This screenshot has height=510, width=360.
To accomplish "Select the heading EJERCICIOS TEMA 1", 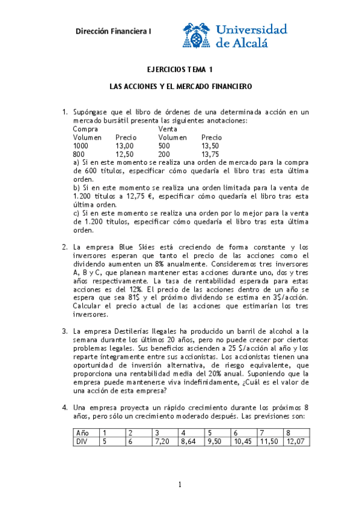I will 180,70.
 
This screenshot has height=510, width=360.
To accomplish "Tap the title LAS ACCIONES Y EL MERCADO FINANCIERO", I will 180,87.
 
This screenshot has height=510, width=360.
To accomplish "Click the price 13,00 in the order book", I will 124,146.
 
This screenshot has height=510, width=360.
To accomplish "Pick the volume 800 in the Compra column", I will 80,154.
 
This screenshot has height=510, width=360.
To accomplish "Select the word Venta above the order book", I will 168,129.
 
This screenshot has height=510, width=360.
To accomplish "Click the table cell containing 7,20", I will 163,441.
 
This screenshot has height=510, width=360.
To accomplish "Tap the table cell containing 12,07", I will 296,441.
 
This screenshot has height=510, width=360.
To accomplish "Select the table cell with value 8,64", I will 189,441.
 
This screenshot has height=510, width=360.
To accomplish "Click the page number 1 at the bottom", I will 180,485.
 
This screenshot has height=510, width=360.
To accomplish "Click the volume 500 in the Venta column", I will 164,146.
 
